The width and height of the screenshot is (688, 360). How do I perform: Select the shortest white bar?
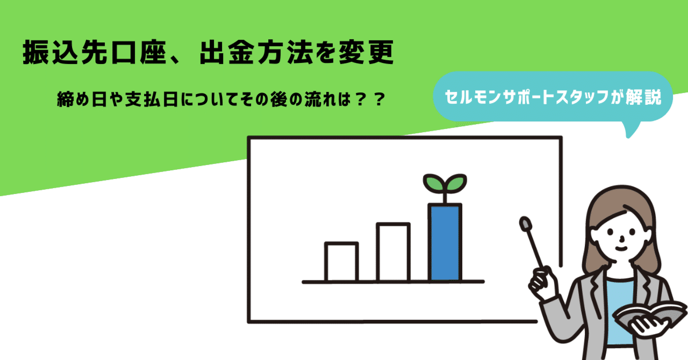[341, 262]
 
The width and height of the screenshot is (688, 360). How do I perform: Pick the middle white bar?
[393, 252]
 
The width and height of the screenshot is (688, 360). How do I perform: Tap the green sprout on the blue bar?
[445, 184]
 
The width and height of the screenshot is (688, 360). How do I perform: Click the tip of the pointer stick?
[524, 221]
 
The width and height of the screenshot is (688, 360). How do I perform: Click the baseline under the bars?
[393, 282]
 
